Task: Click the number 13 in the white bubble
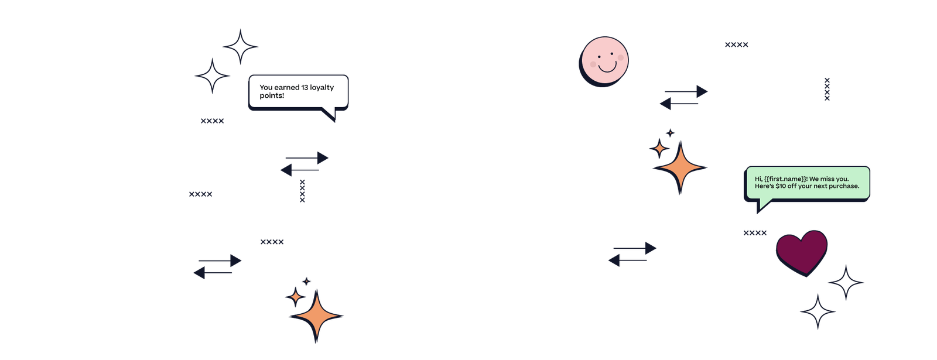pyautogui.click(x=305, y=87)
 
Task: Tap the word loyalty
pyautogui.click(x=322, y=88)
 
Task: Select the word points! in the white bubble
pyautogui.click(x=272, y=95)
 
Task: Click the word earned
pyautogui.click(x=287, y=87)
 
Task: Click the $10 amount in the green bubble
pyautogui.click(x=781, y=186)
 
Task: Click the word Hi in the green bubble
pyautogui.click(x=758, y=179)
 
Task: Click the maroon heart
pyautogui.click(x=801, y=251)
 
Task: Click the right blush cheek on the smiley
pyautogui.click(x=621, y=58)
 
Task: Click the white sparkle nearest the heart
pyautogui.click(x=846, y=283)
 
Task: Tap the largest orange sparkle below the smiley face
pyautogui.click(x=680, y=168)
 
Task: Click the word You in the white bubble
pyautogui.click(x=266, y=87)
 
